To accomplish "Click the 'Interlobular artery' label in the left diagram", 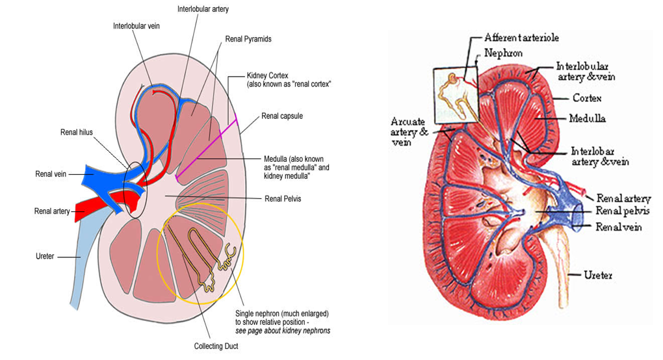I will coord(203,9).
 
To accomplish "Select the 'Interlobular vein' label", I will coord(136,26).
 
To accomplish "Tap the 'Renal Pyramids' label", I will coord(248,39).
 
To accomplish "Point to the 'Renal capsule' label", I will coord(282,116).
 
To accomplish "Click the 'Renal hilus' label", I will coord(77,132).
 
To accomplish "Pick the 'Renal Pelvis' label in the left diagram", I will coord(283,199).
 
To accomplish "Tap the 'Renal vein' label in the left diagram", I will coord(51,174).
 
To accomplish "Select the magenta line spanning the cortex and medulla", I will coord(206,146).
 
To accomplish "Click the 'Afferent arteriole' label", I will coord(522,38).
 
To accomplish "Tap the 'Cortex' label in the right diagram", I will coord(586,99).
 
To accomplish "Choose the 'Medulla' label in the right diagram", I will coord(587,119).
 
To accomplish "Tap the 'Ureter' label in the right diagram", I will coord(597,276).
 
